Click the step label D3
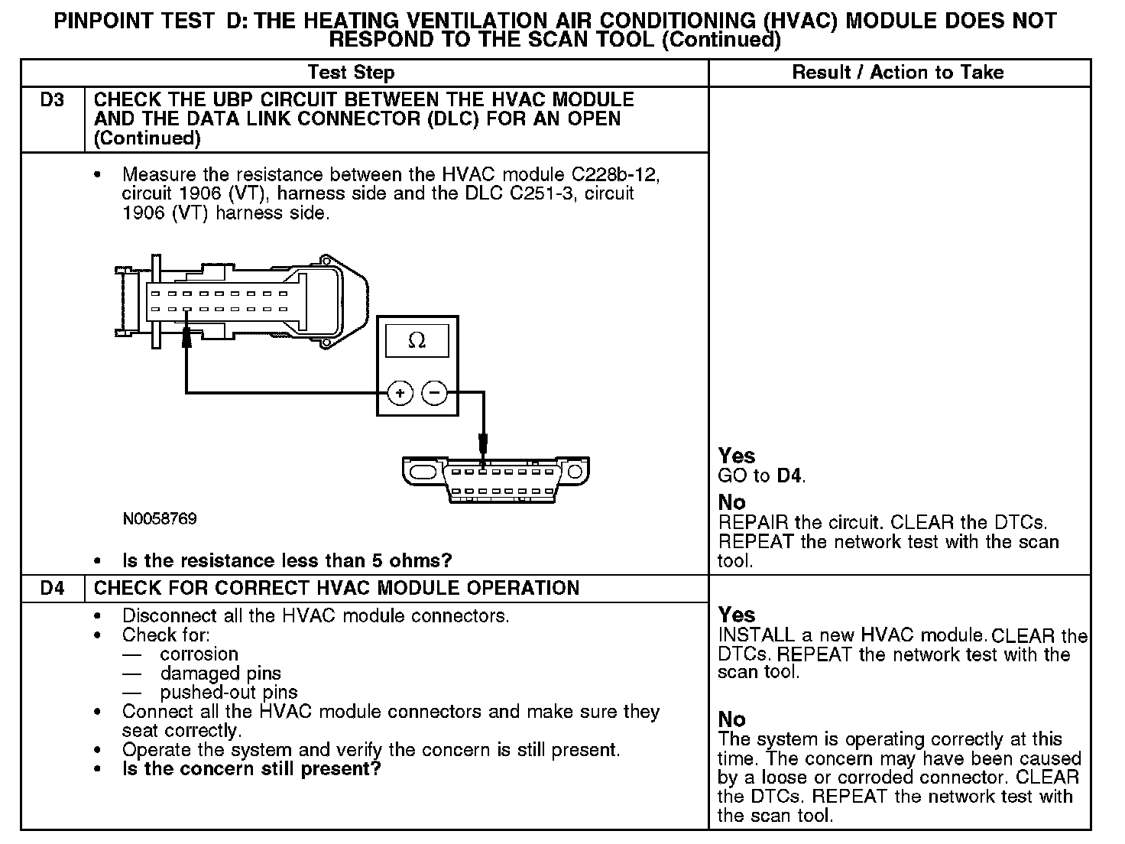pyautogui.click(x=52, y=100)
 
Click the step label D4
pyautogui.click(x=52, y=589)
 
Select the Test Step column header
pyautogui.click(x=351, y=73)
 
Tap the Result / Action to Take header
pyautogui.click(x=898, y=73)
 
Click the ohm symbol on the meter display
pyautogui.click(x=417, y=341)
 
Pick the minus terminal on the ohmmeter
pyautogui.click(x=434, y=394)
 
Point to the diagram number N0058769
pyautogui.click(x=160, y=519)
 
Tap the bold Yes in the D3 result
pyautogui.click(x=737, y=456)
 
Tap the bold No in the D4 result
pyautogui.click(x=731, y=719)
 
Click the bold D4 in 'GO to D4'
pyautogui.click(x=789, y=476)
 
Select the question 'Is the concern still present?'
pyautogui.click(x=251, y=769)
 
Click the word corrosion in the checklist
pyautogui.click(x=199, y=654)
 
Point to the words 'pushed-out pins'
pyautogui.click(x=229, y=693)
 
